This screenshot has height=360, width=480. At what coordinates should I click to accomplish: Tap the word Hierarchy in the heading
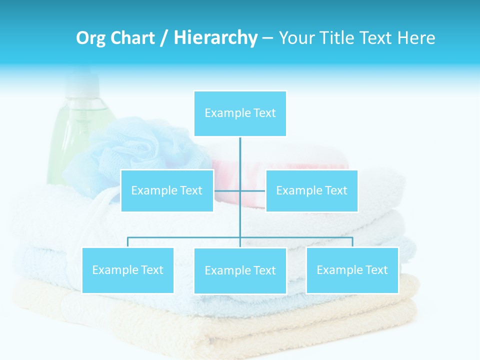(x=215, y=38)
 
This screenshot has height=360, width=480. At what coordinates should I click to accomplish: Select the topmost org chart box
(x=240, y=113)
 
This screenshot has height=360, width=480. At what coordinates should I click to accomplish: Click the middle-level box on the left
(x=167, y=190)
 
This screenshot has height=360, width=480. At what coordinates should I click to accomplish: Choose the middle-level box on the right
(x=311, y=190)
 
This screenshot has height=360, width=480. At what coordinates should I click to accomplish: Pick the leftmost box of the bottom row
(x=128, y=270)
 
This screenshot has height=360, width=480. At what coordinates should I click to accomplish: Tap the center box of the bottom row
(x=240, y=270)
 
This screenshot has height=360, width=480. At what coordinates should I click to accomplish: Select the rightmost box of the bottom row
(x=352, y=270)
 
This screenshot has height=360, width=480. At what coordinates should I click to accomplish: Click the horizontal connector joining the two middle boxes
(x=252, y=190)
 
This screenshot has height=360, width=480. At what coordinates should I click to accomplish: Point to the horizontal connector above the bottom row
(x=185, y=237)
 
